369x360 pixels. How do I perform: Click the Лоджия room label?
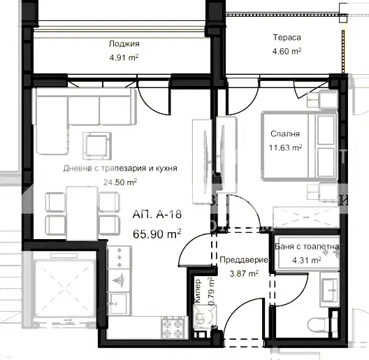[124, 44]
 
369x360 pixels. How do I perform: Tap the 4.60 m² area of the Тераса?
[287, 51]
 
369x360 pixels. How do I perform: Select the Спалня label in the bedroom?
[285, 134]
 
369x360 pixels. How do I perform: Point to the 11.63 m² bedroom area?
[285, 147]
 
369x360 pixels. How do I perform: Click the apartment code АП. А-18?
[157, 215]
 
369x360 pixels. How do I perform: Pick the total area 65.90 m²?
[157, 233]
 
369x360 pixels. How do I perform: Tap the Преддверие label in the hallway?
[244, 260]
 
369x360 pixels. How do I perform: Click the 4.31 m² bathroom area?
[307, 260]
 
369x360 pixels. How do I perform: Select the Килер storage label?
[198, 291]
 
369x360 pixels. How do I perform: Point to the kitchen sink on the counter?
[119, 303]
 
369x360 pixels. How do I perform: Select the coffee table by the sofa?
[97, 146]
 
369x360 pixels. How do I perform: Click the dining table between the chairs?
[82, 213]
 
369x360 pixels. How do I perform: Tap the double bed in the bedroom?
[299, 147]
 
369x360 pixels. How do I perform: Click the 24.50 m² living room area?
[120, 182]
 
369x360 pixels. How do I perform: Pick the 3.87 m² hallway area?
[244, 274]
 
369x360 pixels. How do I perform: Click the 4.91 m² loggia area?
[124, 58]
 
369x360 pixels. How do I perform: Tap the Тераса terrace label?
[287, 38]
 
